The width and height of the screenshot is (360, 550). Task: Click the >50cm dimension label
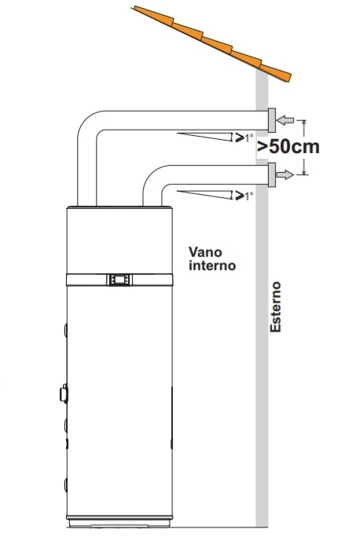288,147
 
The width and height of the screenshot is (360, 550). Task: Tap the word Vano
205,252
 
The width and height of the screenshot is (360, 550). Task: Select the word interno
212,266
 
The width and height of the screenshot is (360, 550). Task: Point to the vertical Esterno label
276,306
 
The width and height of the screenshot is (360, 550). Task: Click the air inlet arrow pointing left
285,120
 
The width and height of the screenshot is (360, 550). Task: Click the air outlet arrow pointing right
285,174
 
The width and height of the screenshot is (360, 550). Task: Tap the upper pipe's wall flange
272,120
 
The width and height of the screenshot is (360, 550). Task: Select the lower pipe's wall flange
272,174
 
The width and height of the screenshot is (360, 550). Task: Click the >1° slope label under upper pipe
244,137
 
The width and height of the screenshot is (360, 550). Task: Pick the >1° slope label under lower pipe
244,196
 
